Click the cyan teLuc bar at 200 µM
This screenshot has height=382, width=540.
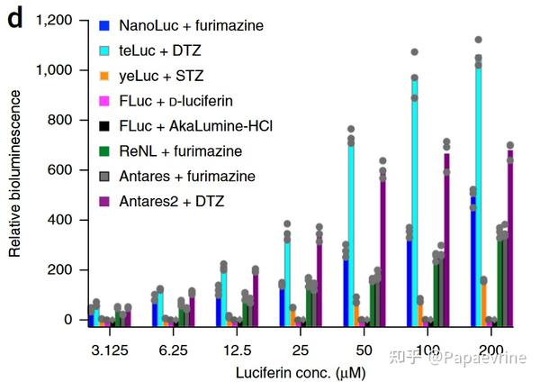478,194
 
